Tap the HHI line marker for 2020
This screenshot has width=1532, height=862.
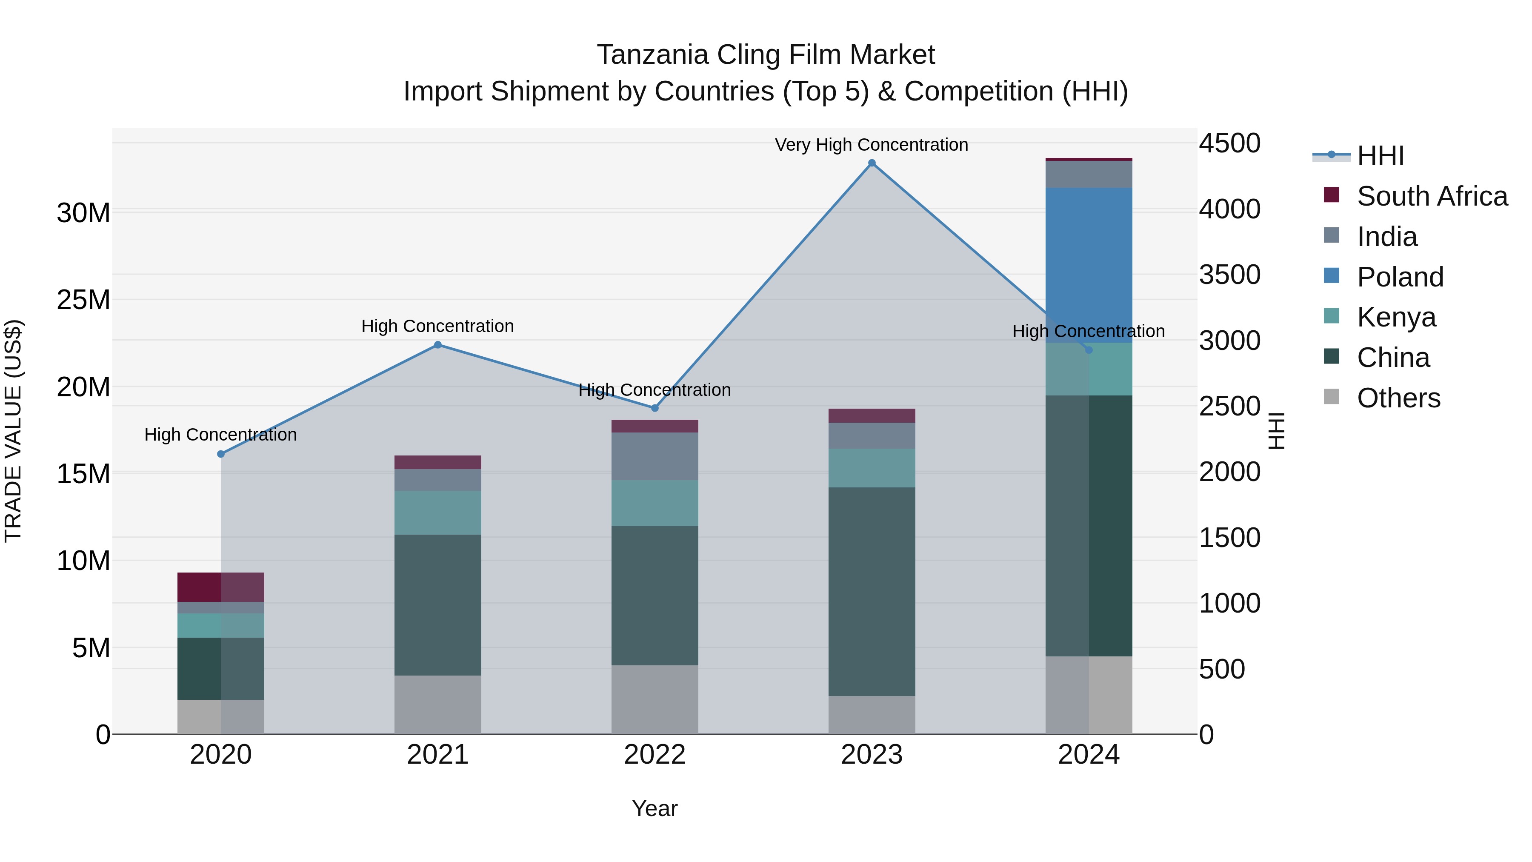220,454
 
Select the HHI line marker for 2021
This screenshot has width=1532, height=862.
438,344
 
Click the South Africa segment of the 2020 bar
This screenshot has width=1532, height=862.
220,587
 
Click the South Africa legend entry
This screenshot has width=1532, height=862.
1432,196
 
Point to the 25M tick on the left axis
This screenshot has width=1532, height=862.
83,300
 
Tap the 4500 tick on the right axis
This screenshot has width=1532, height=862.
1229,143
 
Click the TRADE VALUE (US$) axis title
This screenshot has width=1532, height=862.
13,431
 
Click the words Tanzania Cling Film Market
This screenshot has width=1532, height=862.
766,55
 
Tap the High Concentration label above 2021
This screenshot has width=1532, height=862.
438,326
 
